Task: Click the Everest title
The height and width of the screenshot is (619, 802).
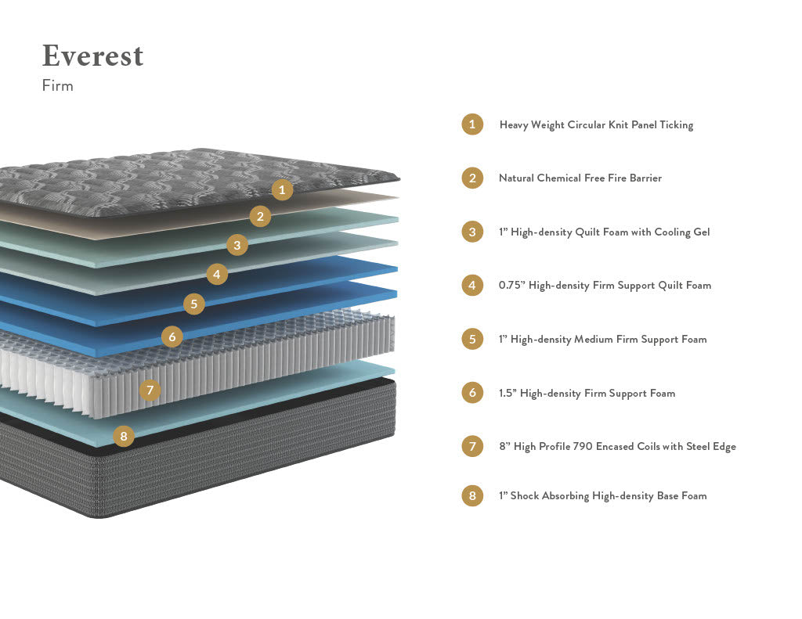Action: (92, 56)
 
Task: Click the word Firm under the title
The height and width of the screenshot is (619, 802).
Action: (57, 86)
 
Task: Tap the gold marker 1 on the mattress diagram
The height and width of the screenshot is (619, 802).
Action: (283, 189)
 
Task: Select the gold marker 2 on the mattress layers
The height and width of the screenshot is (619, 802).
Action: (261, 216)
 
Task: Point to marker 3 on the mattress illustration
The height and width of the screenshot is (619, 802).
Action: (237, 245)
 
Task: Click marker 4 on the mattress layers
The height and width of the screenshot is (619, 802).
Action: (217, 274)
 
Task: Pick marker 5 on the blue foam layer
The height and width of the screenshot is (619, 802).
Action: (194, 304)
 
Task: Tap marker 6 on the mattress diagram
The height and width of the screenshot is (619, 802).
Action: (172, 336)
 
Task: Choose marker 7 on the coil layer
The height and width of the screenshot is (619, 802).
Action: (150, 389)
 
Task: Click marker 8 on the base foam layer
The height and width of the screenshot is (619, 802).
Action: (124, 436)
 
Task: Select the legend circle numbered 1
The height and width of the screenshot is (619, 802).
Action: (472, 124)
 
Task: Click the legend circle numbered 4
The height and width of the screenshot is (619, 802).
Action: (472, 285)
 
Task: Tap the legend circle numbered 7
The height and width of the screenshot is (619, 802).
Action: (472, 447)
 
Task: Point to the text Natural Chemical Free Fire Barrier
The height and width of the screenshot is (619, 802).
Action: (580, 178)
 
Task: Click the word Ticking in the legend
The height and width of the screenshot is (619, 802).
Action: (676, 125)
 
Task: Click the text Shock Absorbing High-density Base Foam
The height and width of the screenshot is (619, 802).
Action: (609, 495)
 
